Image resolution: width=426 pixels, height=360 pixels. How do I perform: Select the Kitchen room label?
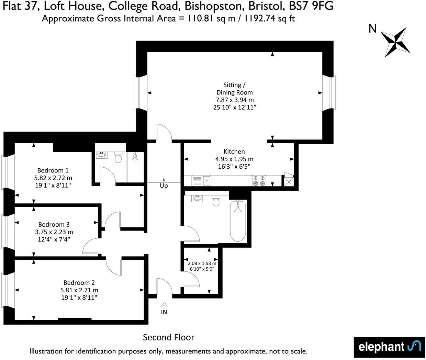[x=234, y=151]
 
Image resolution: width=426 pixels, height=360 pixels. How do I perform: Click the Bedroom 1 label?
[x=53, y=170]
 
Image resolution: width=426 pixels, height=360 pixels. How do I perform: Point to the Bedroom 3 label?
[x=54, y=224]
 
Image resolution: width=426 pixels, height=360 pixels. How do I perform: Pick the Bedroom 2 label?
[x=79, y=283]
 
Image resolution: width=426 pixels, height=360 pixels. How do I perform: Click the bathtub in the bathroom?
[x=238, y=222]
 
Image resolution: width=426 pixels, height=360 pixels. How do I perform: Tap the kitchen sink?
[x=207, y=180]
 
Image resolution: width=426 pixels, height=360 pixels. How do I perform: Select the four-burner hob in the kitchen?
[x=259, y=181]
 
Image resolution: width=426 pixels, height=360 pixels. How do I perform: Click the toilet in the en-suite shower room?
[x=119, y=158]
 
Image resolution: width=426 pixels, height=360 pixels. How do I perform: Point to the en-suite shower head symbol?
[x=136, y=158]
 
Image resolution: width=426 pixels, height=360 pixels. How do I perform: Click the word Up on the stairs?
[x=164, y=186]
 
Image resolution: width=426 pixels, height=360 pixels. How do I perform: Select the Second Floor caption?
[x=169, y=337]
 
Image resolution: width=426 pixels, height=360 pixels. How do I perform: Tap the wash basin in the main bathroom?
[x=197, y=198]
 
